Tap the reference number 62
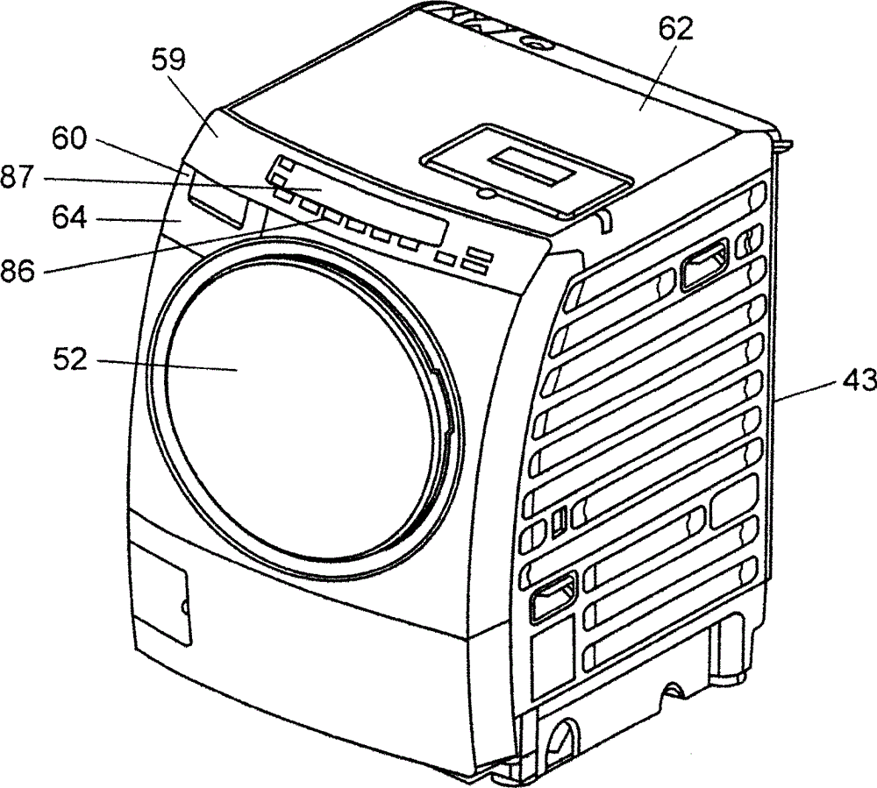[674, 31]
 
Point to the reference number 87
[20, 178]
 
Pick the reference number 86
[18, 272]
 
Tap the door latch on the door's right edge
[449, 403]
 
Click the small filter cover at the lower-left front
[160, 606]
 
